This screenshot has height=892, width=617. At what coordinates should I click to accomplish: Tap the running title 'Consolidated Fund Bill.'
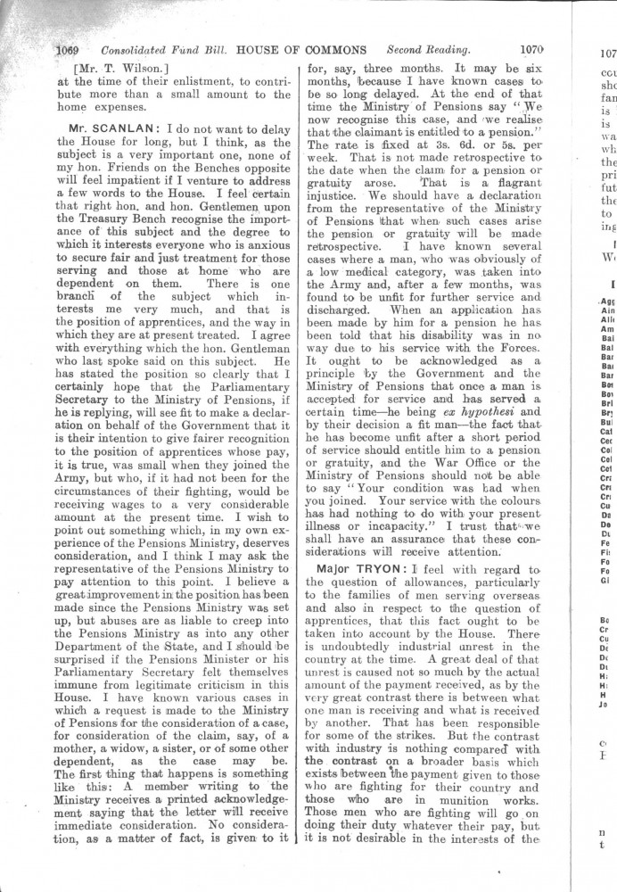(x=152, y=50)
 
